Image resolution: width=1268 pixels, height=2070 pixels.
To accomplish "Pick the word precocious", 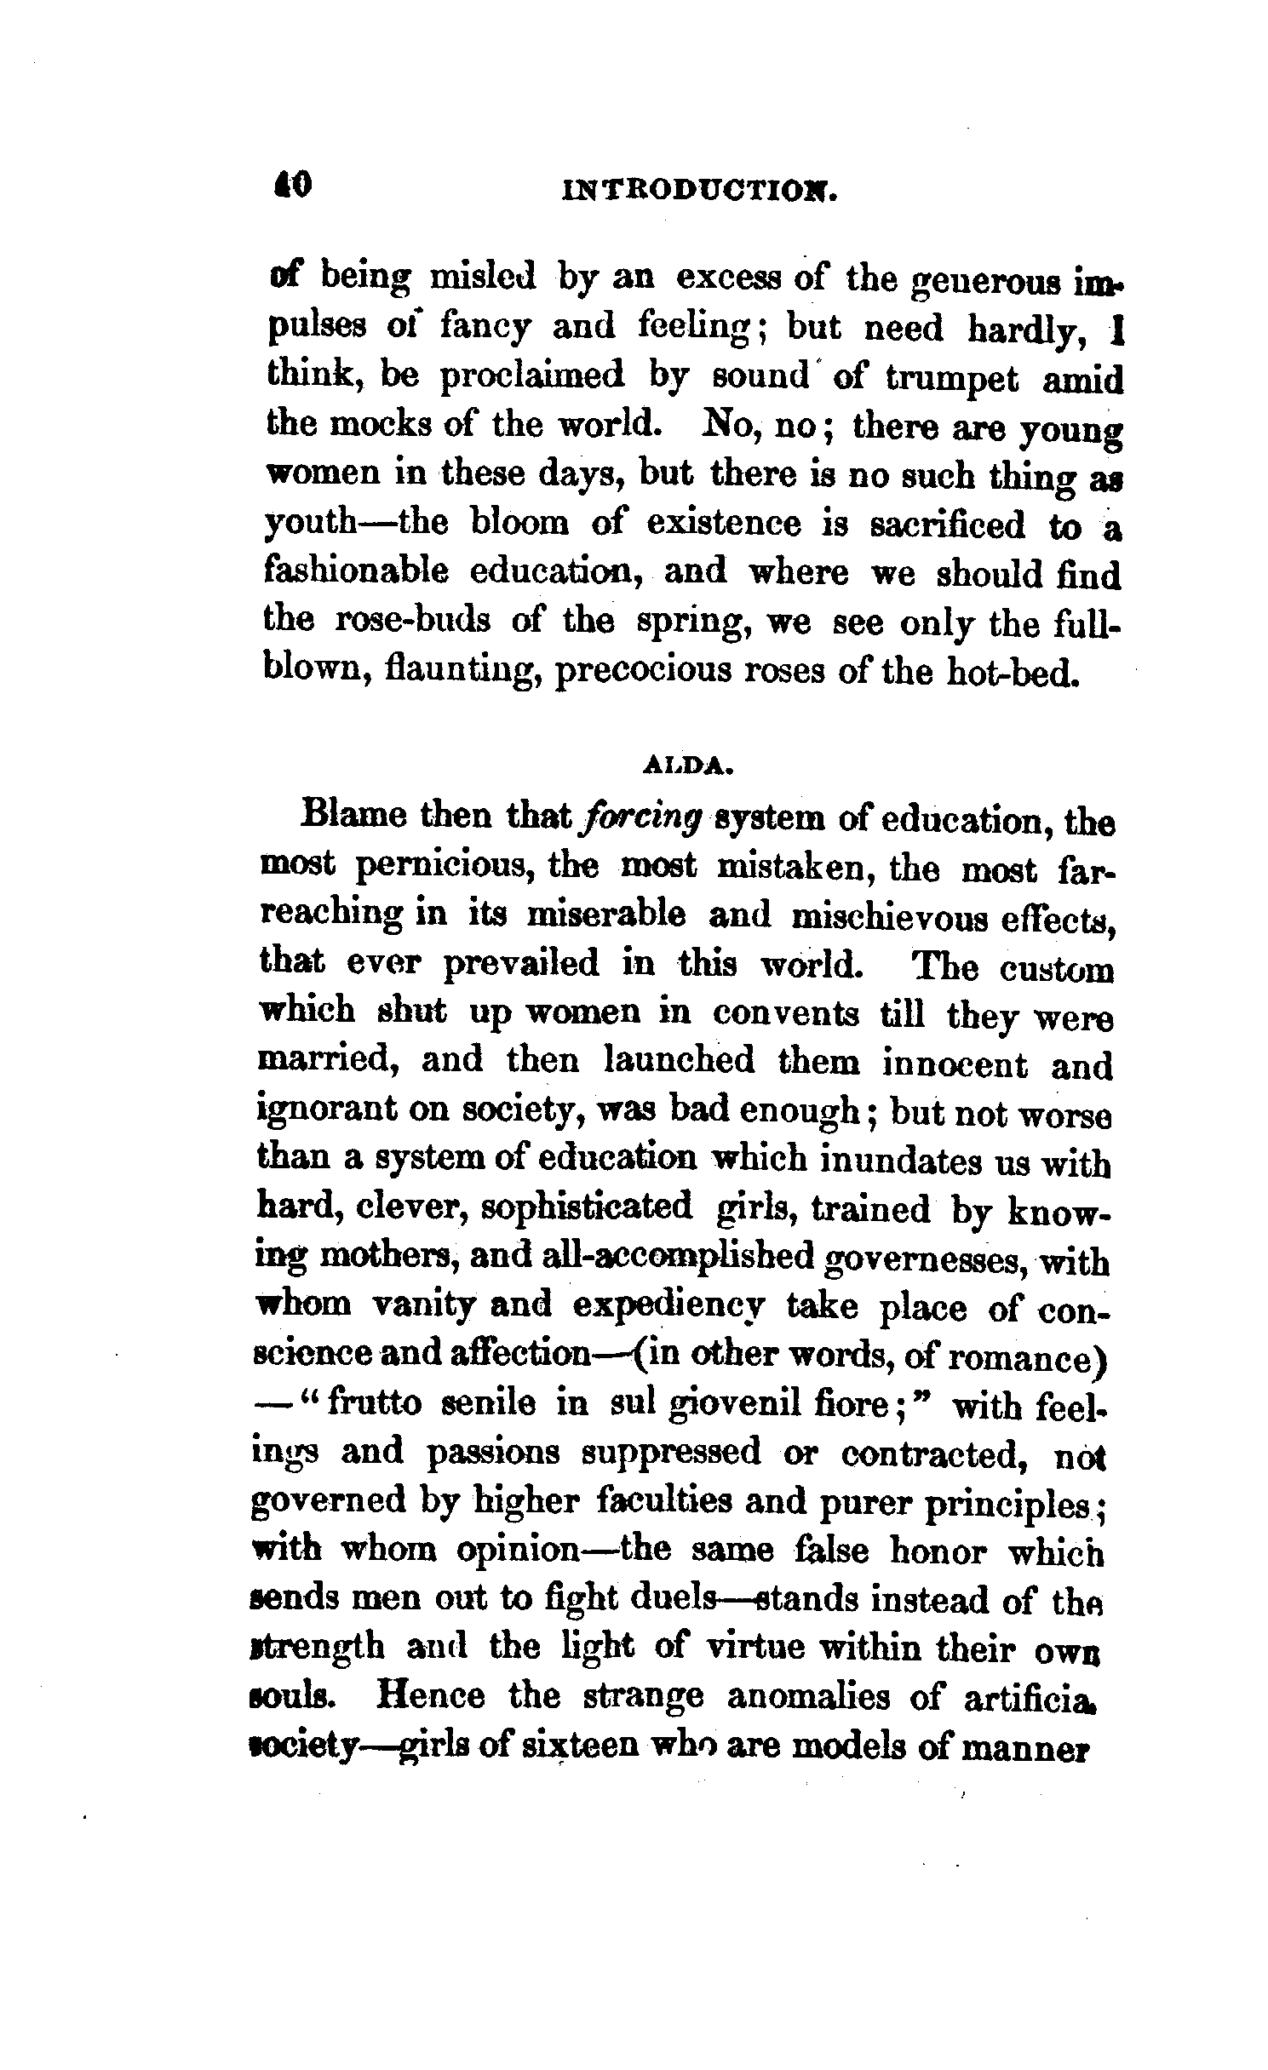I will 643,670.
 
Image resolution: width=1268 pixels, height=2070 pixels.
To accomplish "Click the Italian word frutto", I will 374,1404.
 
